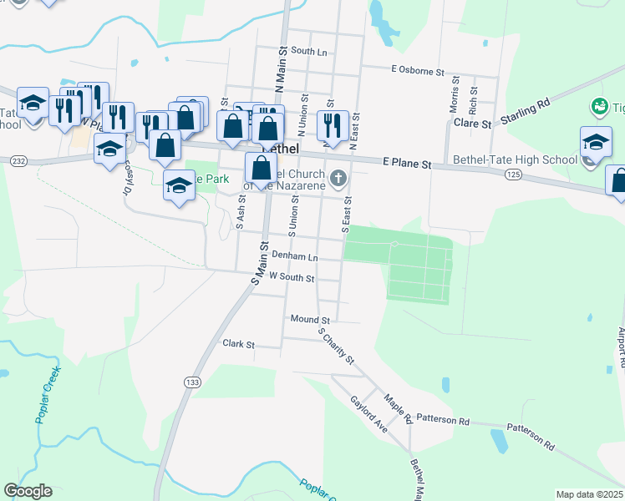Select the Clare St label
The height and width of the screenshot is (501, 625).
(x=474, y=124)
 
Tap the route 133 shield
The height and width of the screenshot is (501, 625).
(x=191, y=382)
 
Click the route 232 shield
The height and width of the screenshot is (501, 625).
(x=19, y=160)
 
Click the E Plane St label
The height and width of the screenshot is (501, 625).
(x=407, y=164)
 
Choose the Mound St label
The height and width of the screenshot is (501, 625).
(x=310, y=319)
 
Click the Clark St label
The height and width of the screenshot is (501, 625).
(x=238, y=343)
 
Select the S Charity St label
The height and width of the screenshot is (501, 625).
(x=338, y=346)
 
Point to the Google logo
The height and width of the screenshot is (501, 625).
(x=28, y=491)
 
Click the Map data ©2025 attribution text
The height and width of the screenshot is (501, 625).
(x=588, y=494)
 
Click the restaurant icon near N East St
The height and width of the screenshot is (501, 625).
(x=333, y=124)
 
